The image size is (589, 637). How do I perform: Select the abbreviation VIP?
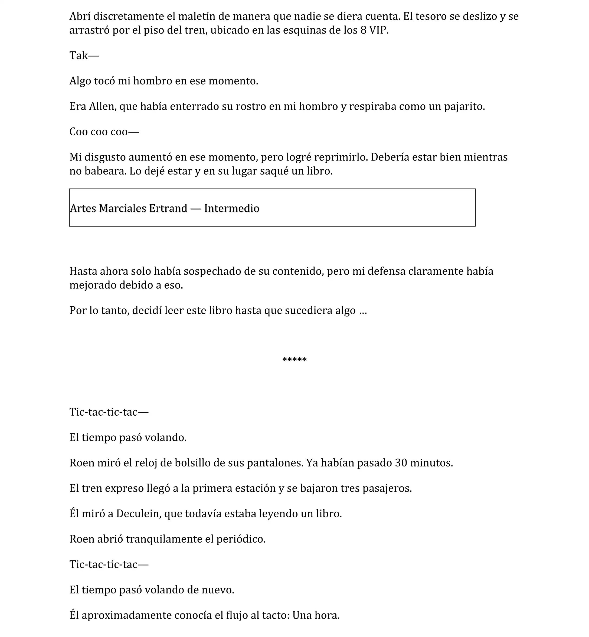coord(378,30)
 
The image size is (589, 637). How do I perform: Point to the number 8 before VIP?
coord(363,30)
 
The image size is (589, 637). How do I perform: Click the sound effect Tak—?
coord(84,55)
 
